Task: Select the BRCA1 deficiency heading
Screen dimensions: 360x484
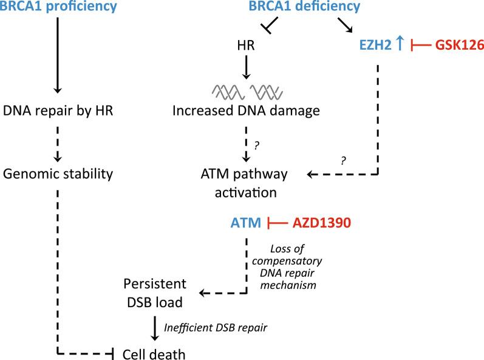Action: (x=297, y=8)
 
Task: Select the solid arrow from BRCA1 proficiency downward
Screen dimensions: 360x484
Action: (x=57, y=55)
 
